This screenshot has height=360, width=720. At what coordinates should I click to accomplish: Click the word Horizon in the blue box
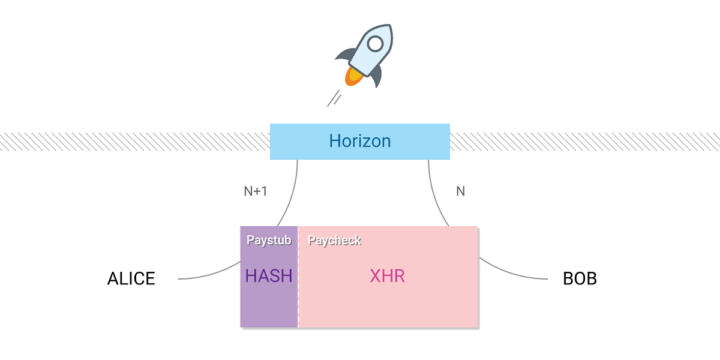[359, 142]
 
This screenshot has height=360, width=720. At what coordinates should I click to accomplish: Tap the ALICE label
[131, 279]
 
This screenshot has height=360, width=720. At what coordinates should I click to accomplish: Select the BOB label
[580, 279]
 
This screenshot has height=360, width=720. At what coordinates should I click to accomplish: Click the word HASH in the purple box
[269, 276]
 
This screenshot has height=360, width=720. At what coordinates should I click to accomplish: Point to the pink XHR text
[387, 276]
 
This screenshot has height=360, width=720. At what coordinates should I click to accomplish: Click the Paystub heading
[269, 241]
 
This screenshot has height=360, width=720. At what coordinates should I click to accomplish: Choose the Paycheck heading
[334, 241]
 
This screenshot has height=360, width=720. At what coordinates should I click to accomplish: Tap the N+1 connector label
[255, 192]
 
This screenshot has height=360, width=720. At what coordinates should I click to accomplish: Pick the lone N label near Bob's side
[460, 192]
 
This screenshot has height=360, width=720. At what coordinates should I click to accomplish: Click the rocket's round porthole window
[375, 44]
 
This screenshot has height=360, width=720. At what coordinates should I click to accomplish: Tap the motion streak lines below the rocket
[334, 98]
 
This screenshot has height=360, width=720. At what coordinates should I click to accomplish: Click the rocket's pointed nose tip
[390, 28]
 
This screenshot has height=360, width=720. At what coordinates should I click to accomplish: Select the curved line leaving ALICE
[210, 275]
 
